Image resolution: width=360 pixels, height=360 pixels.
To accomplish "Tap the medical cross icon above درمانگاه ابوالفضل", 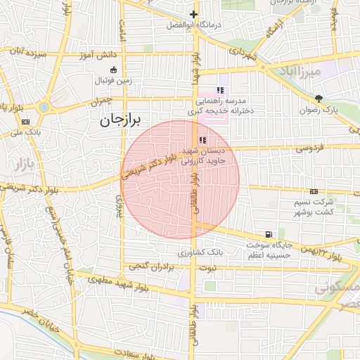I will click(x=193, y=14).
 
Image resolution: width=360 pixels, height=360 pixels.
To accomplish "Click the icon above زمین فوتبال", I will click(x=114, y=70).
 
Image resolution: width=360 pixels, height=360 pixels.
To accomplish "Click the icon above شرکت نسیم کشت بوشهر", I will click(x=314, y=191).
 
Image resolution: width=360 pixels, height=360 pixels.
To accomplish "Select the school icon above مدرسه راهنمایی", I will click(x=220, y=90).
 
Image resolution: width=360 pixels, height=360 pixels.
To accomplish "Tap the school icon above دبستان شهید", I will click(x=203, y=140).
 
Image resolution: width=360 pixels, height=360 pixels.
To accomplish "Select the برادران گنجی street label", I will click(x=150, y=266).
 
